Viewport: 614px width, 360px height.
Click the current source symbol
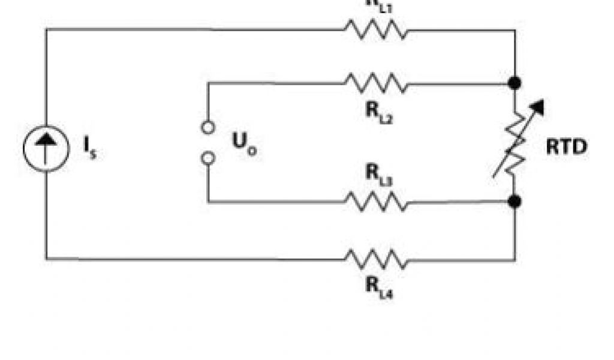pos(46,148)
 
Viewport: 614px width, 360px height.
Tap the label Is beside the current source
pos(91,148)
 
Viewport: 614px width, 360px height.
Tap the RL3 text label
pos(378,174)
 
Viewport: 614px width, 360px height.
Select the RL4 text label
pos(378,286)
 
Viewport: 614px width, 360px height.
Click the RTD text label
pos(567,148)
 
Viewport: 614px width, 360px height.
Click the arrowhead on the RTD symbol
pos(538,107)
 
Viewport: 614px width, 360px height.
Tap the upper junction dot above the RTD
pos(514,83)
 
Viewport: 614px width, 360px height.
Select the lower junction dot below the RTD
pos(514,201)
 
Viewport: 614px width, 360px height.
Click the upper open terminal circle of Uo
pos(208,127)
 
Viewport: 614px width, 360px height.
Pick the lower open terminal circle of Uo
pos(208,158)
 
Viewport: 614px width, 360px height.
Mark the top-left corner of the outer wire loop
pos(46,29)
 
